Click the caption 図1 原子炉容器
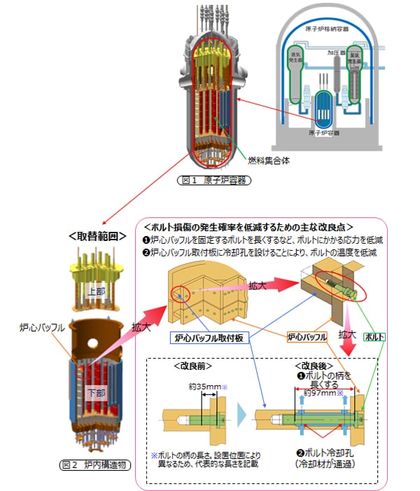click(212, 179)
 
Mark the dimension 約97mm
click(323, 394)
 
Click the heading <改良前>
click(192, 366)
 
